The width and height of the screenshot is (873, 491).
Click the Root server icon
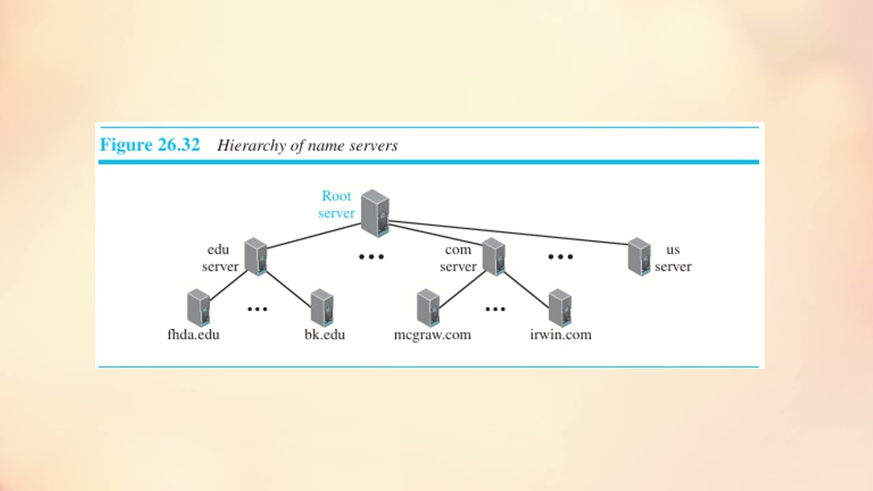[375, 213]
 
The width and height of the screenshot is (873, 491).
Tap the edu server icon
[255, 256]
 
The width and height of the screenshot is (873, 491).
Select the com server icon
[493, 256]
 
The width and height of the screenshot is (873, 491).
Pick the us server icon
[639, 256]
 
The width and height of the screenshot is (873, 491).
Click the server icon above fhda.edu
[198, 308]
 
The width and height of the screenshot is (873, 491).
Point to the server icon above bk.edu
[321, 308]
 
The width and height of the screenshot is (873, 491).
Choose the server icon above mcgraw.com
[428, 308]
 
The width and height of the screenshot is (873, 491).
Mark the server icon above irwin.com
[559, 308]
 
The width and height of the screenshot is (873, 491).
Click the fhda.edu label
[193, 335]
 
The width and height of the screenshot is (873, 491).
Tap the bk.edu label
[325, 335]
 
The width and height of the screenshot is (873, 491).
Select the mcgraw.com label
[432, 335]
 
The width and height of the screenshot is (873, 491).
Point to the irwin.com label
[561, 335]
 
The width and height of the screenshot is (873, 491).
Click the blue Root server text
[336, 205]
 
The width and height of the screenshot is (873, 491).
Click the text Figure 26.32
[150, 145]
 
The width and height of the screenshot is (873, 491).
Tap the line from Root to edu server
[314, 235]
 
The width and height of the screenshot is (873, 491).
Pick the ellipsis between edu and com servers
[372, 257]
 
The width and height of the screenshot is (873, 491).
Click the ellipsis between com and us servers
[561, 257]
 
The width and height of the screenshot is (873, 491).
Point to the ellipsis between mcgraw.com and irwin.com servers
[495, 309]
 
